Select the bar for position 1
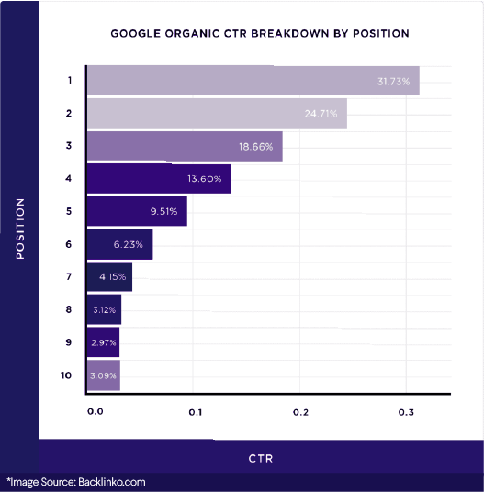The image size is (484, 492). [x=253, y=81]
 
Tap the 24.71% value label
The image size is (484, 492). [x=319, y=113]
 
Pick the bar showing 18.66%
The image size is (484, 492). [x=184, y=146]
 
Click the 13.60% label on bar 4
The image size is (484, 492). [x=203, y=179]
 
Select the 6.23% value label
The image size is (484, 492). [x=126, y=243]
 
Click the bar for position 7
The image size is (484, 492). [x=108, y=276]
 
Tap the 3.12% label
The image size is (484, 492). [x=104, y=309]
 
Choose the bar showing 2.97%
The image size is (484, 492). [x=103, y=341]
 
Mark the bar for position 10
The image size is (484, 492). [x=103, y=375]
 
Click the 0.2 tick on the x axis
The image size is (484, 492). [x=300, y=413]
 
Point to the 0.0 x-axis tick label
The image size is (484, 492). [x=95, y=413]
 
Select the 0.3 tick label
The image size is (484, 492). [x=406, y=413]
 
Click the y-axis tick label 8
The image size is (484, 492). [x=69, y=309]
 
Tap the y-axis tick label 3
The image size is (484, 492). [x=69, y=146]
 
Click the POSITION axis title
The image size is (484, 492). [x=19, y=228]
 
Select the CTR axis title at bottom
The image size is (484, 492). [x=261, y=456]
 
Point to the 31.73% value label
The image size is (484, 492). [x=395, y=81]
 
